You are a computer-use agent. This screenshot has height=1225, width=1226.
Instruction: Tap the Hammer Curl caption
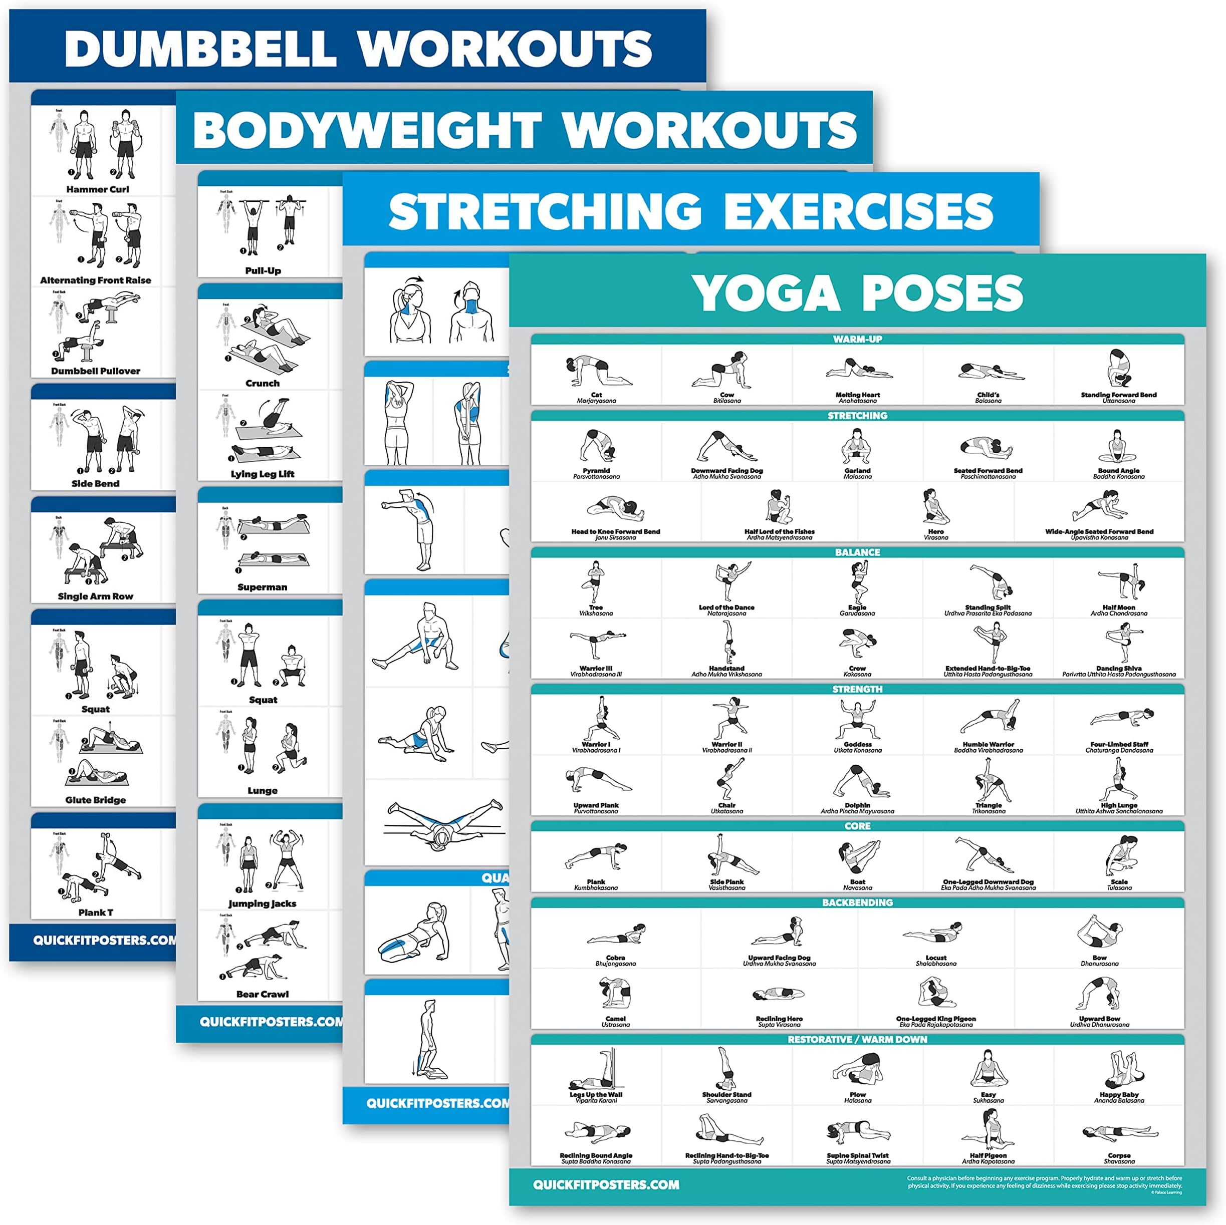tap(97, 189)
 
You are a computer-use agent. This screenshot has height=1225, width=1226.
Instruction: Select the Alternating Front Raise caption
tap(96, 280)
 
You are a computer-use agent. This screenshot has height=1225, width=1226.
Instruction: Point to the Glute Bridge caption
tap(96, 800)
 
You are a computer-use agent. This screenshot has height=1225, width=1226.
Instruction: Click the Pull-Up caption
tap(263, 270)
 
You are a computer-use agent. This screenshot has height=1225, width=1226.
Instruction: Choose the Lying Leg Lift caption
tap(263, 474)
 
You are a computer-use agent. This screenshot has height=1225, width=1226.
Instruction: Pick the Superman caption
tap(262, 587)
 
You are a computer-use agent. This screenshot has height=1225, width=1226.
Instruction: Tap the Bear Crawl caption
tap(262, 994)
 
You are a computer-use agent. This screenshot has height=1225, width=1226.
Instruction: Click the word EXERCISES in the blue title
tap(858, 211)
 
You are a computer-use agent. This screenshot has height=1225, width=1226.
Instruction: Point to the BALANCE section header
tap(857, 552)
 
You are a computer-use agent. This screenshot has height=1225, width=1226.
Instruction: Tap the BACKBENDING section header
tap(857, 902)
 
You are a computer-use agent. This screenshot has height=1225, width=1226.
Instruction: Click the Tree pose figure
tap(596, 581)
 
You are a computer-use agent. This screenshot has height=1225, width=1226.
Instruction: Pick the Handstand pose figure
tap(726, 642)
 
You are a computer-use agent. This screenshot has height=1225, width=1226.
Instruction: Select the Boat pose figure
tap(857, 858)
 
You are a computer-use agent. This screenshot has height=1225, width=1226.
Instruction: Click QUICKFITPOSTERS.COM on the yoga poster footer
tap(606, 1184)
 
